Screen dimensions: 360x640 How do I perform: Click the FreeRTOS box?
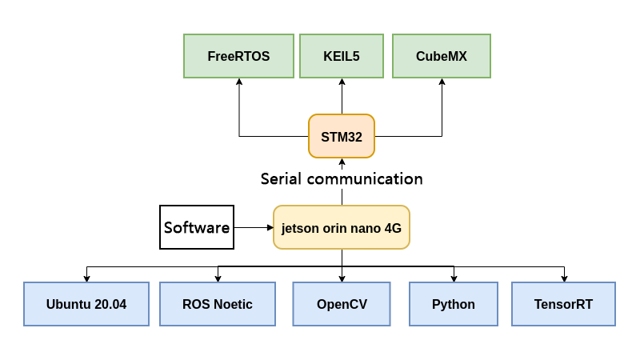(x=238, y=56)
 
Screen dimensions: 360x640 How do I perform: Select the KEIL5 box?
(x=342, y=56)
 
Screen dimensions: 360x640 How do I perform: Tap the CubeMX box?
(x=442, y=56)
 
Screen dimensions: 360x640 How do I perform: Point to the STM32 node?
(x=342, y=137)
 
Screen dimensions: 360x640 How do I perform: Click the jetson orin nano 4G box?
(x=342, y=228)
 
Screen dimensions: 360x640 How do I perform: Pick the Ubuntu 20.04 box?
(x=86, y=304)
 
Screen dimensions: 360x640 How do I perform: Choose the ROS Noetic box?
(x=218, y=304)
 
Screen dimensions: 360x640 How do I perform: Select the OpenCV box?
(x=342, y=304)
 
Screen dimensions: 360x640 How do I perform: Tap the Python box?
(x=454, y=304)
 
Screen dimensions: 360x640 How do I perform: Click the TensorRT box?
(x=563, y=304)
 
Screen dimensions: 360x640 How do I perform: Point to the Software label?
(x=197, y=227)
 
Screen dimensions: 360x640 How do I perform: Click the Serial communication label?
(x=342, y=178)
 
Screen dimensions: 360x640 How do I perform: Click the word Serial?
(x=281, y=178)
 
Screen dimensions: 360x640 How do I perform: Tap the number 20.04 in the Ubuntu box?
(x=110, y=304)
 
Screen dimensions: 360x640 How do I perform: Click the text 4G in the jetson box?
(x=393, y=228)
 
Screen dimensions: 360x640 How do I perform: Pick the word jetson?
(x=300, y=228)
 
